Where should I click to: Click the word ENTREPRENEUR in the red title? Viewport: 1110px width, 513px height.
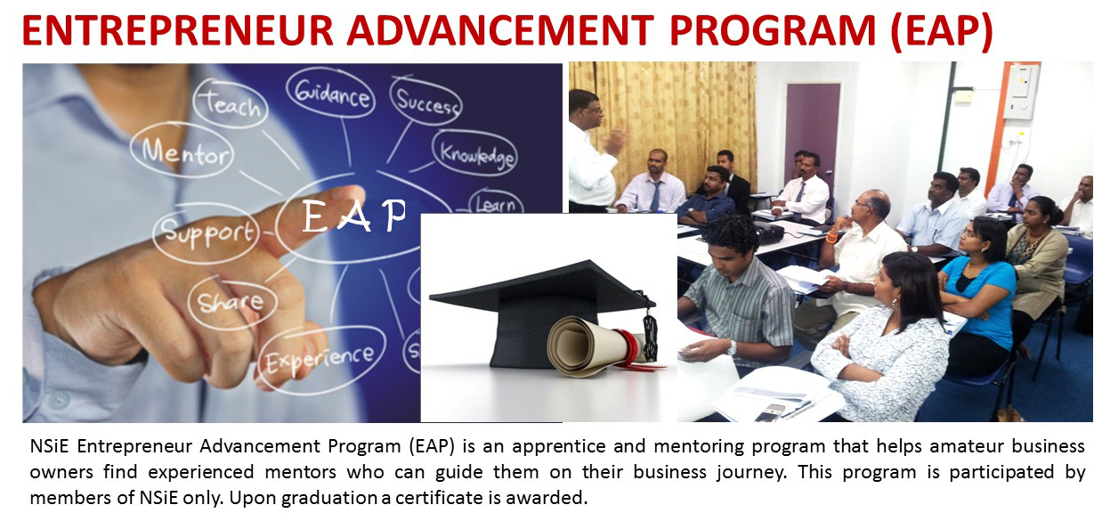(177, 31)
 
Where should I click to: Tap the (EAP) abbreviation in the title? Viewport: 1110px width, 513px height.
(942, 32)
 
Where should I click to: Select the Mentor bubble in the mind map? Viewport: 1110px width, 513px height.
(182, 151)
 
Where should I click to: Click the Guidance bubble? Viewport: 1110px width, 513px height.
(330, 93)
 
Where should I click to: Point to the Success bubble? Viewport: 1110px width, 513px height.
(425, 102)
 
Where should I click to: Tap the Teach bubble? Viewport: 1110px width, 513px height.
(231, 103)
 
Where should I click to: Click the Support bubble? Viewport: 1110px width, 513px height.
(207, 233)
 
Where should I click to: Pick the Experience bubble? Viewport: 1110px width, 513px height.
(321, 359)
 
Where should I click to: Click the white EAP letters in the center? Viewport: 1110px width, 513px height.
(353, 216)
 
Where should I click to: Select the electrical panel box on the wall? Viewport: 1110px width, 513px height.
(1021, 91)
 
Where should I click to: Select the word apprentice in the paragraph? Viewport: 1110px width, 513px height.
(558, 447)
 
